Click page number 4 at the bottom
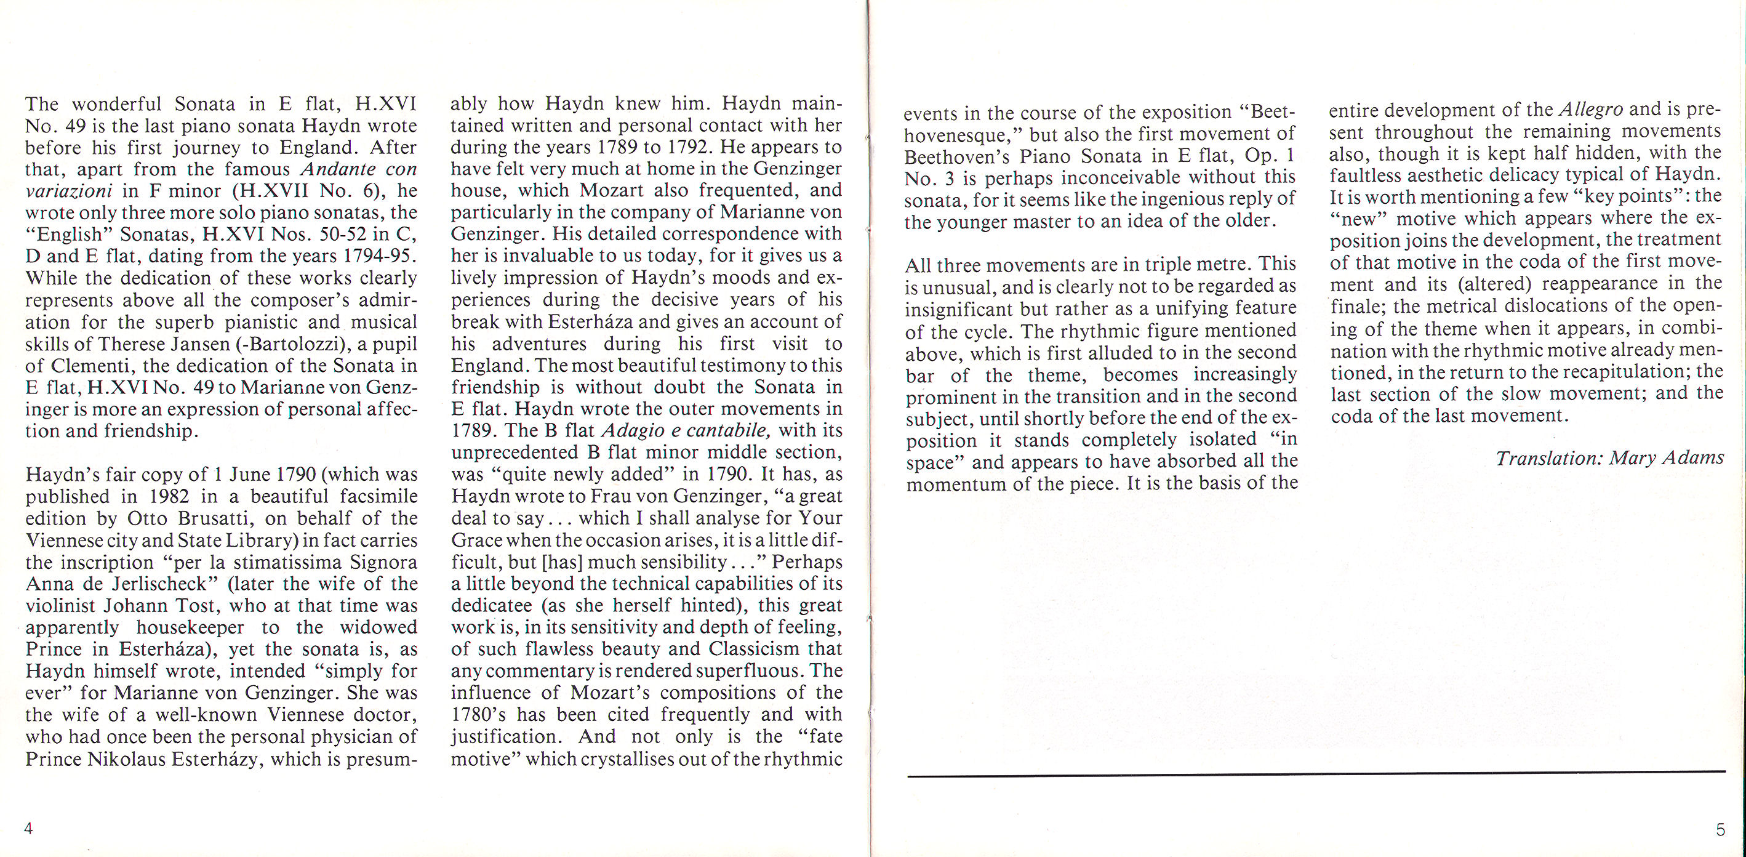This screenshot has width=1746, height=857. point(28,828)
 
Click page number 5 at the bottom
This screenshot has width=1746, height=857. point(1720,829)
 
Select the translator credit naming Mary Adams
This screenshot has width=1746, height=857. point(1609,458)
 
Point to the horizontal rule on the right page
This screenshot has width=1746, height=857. point(1315,774)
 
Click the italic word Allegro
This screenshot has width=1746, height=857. point(1591,109)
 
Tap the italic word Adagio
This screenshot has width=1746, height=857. point(630,430)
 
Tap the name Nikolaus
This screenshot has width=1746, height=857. point(127,758)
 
